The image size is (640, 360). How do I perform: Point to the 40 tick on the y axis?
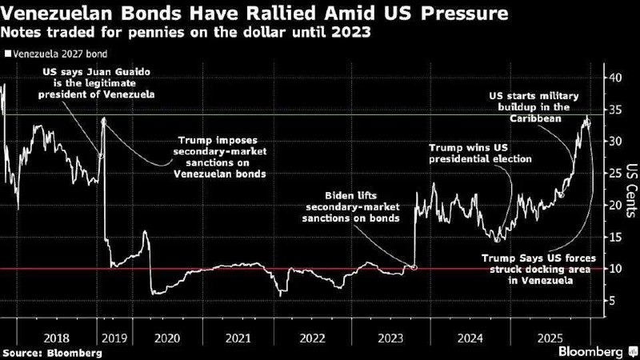[x=617, y=78]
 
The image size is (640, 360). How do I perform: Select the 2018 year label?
[x=56, y=338]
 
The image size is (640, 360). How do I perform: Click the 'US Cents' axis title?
[x=631, y=190]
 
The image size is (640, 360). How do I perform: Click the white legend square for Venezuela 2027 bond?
[x=8, y=54]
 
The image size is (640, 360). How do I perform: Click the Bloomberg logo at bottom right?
[x=598, y=352]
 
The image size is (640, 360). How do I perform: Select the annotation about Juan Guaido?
[x=96, y=83]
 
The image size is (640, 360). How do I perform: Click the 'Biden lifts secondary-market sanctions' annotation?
[x=350, y=207]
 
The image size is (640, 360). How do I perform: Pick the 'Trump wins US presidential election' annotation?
[x=481, y=153]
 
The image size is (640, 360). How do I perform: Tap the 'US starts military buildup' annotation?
[x=534, y=107]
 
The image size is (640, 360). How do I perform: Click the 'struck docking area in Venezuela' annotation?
[x=538, y=270]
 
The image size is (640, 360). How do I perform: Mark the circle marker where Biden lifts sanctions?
[x=414, y=268]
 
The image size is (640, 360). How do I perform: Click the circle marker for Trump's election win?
[x=497, y=240]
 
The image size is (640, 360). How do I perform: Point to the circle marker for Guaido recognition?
[x=102, y=155]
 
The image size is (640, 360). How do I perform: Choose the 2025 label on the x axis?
[x=550, y=338]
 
